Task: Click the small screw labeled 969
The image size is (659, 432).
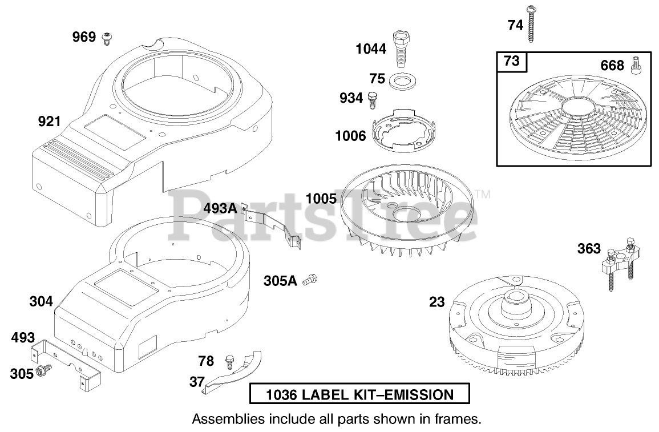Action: (x=106, y=38)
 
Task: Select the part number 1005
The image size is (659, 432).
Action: (x=321, y=199)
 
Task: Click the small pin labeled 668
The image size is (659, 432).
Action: (x=636, y=66)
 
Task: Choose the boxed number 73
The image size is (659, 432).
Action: (x=512, y=61)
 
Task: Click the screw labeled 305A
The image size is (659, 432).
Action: (x=310, y=280)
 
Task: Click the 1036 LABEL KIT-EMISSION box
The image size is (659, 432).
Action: (x=359, y=394)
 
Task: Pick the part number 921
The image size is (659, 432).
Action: (x=49, y=122)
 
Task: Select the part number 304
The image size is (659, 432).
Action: (x=41, y=301)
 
